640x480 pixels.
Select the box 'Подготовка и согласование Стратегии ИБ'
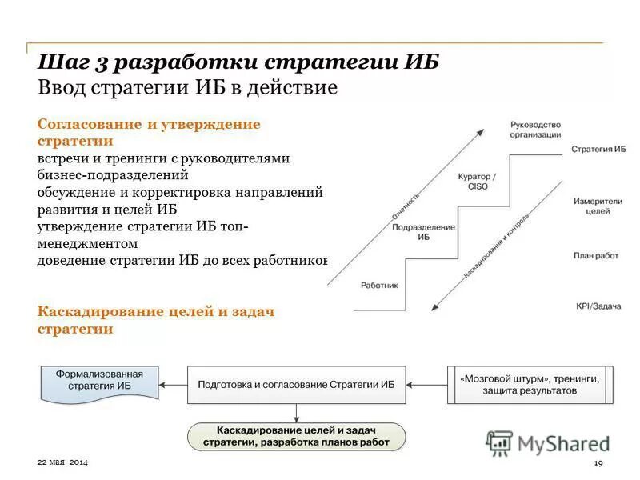(296, 385)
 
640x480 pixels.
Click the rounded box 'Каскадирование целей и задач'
(296, 437)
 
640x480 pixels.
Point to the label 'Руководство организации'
(535, 130)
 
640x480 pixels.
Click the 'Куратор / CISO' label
(477, 181)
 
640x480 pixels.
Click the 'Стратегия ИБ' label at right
(598, 150)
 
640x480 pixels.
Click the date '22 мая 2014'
(63, 464)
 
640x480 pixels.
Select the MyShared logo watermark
(548, 443)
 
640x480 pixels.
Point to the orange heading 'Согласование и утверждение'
(149, 124)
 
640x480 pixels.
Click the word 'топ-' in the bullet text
(233, 226)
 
